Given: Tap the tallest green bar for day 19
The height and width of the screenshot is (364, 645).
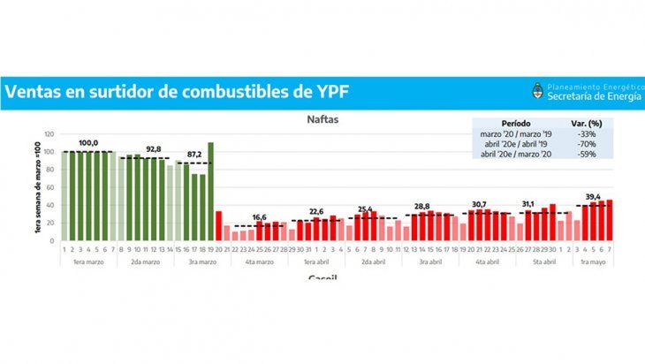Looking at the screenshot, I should click(210, 191).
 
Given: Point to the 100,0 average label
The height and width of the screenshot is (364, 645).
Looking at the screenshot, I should click(88, 143).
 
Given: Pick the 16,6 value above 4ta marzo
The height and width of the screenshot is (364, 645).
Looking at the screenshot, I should click(260, 216).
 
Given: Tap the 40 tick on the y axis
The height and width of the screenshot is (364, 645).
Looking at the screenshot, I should click(53, 205).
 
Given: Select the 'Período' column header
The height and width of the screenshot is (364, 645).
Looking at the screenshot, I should click(516, 123).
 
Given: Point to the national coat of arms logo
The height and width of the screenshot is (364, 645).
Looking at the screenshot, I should click(536, 91).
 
